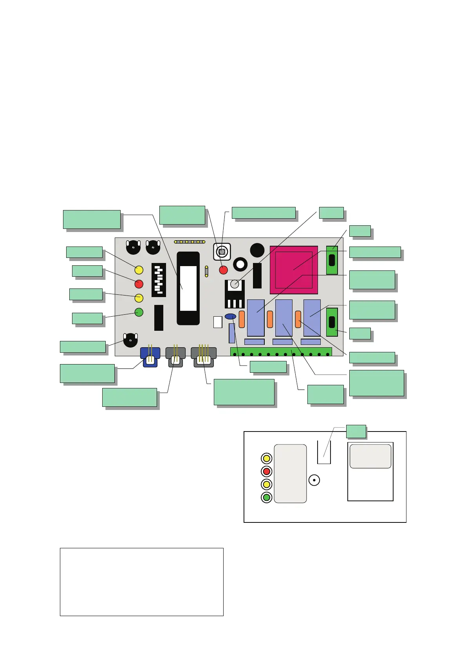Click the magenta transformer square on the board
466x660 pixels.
pyautogui.click(x=294, y=270)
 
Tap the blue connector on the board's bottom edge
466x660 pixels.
pyautogui.click(x=150, y=356)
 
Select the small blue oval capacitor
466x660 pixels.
pyautogui.click(x=231, y=316)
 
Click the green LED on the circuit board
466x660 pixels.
pyautogui.click(x=139, y=312)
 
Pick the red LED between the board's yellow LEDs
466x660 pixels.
pyautogui.click(x=139, y=284)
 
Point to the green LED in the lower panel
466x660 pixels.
pyautogui.click(x=267, y=498)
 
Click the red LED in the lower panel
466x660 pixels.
pyautogui.click(x=267, y=471)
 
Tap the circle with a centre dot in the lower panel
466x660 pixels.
pyautogui.click(x=314, y=480)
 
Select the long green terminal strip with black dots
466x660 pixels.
pyautogui.click(x=281, y=352)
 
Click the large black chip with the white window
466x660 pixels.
pyautogui.click(x=188, y=288)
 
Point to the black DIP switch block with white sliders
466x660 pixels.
pyautogui.click(x=159, y=280)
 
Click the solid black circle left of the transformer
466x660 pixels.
pyautogui.click(x=257, y=250)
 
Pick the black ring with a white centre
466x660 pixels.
pyautogui.click(x=240, y=265)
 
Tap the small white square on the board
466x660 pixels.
pyautogui.click(x=218, y=322)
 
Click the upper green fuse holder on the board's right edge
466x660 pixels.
pyautogui.click(x=332, y=260)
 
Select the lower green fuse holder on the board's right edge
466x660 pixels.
pyautogui.click(x=332, y=322)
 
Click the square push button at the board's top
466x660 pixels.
pyautogui.click(x=222, y=252)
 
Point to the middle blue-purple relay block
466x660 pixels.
pyautogui.click(x=284, y=318)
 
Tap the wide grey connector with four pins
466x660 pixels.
pyautogui.click(x=204, y=356)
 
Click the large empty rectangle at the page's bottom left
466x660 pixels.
pyautogui.click(x=141, y=582)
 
